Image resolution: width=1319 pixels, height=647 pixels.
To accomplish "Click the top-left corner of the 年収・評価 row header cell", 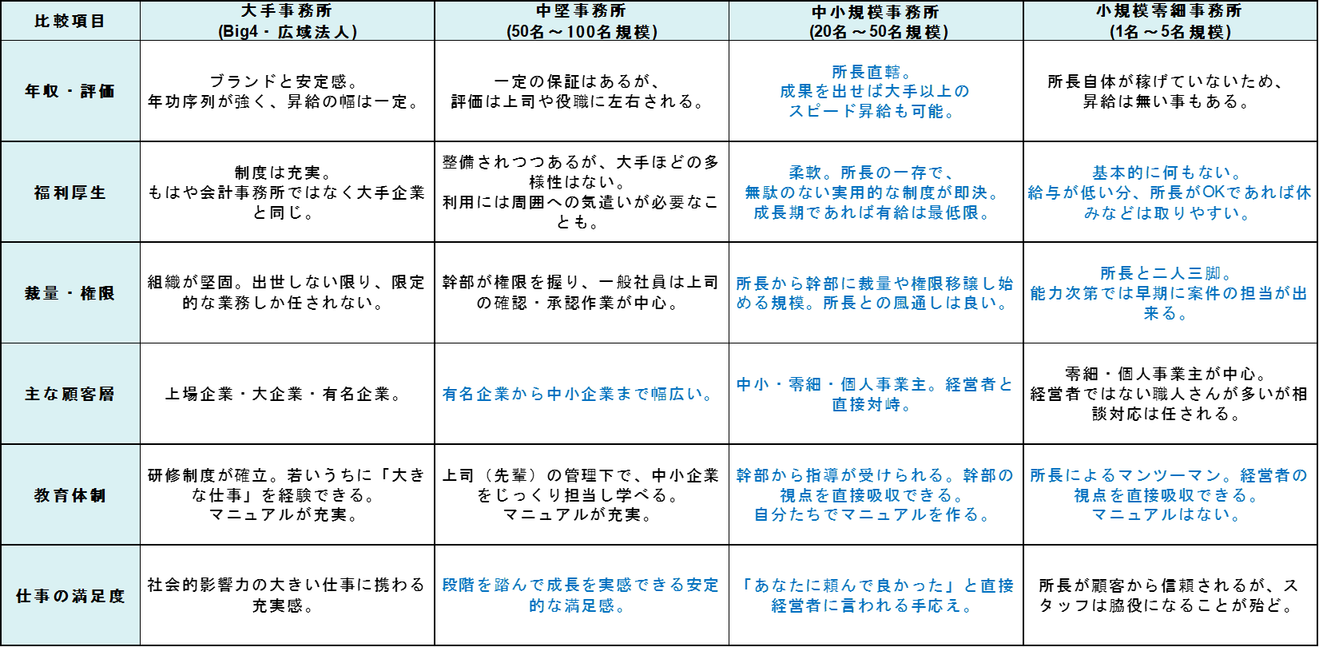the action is [1, 41].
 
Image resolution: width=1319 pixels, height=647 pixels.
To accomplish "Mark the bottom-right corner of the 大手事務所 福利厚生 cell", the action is [435, 242].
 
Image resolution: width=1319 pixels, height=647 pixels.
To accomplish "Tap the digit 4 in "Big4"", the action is [254, 32].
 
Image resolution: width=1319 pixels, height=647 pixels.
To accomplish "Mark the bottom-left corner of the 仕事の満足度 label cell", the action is [1, 645].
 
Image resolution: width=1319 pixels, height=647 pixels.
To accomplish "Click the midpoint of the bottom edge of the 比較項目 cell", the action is [70, 41].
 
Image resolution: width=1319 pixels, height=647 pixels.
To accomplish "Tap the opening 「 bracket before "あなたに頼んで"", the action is [747, 585].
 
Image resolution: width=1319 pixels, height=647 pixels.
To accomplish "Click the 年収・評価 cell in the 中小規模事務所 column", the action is [876, 91].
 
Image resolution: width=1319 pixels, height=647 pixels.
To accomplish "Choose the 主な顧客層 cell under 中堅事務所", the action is [582, 394].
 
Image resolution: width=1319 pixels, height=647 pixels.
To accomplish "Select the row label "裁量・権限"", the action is [70, 293].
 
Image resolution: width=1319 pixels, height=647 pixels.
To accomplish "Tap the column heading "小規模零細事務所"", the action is [1170, 10].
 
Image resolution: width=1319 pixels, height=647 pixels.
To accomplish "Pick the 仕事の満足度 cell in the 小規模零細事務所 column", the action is [1170, 595].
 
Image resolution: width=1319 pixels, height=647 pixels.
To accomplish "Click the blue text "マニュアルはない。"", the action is [1168, 515].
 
